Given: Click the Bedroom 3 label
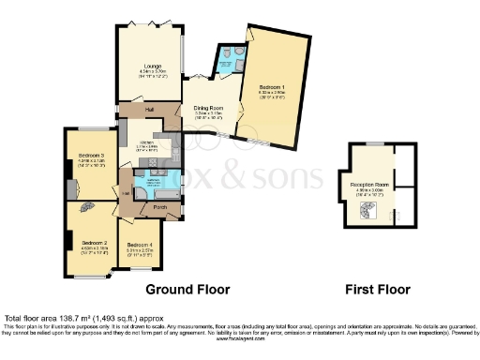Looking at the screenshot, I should point(91,155).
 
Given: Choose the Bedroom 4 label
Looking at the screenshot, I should point(138,245).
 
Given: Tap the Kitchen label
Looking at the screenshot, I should point(146,142).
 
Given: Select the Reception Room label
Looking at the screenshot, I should point(368,185).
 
